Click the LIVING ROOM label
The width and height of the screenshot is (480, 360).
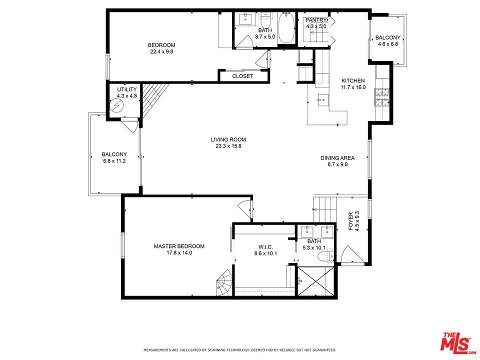click(228, 139)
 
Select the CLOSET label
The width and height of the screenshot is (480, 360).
click(243, 76)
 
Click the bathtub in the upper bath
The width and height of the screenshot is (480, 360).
click(286, 28)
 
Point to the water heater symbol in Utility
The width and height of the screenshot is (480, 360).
click(116, 106)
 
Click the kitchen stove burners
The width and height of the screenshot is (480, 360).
click(381, 96)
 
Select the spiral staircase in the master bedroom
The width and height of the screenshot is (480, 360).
click(225, 282)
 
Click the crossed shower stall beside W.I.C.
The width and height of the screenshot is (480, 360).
click(315, 281)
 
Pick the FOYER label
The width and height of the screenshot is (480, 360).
click(351, 221)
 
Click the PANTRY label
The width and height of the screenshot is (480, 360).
click(316, 20)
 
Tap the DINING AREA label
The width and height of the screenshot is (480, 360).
click(337, 158)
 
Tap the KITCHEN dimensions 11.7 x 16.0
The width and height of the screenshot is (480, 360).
click(353, 87)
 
